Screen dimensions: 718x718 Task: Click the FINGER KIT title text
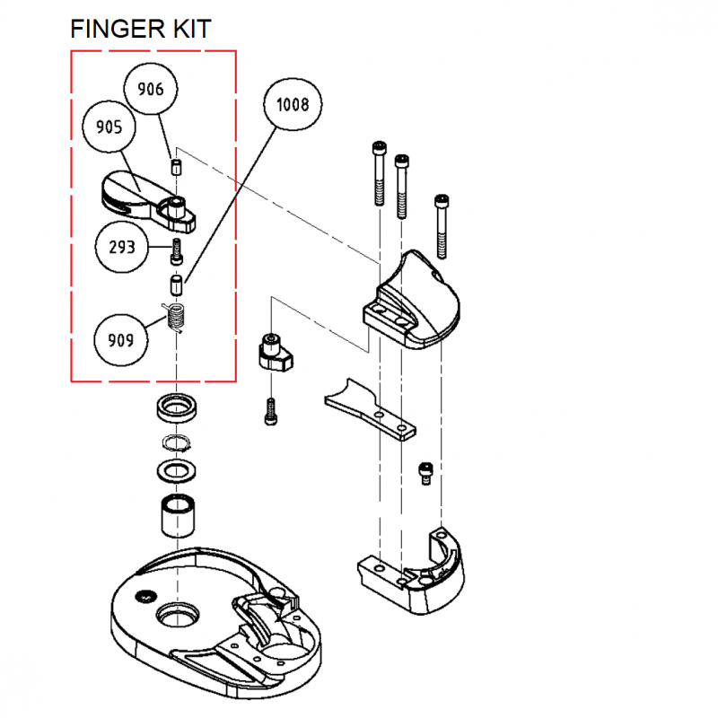(x=141, y=29)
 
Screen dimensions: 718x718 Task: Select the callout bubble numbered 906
(x=150, y=89)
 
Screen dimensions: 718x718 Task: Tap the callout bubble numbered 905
(x=109, y=127)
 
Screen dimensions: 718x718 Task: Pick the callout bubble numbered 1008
(x=292, y=105)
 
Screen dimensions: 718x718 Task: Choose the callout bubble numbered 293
(x=123, y=247)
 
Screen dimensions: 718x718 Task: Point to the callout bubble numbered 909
(x=123, y=340)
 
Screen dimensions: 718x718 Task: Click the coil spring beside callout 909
(x=177, y=318)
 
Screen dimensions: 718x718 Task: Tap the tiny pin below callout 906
(x=177, y=166)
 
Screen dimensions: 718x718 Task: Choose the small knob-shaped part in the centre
(x=273, y=353)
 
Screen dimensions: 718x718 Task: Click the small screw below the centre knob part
(x=270, y=412)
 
